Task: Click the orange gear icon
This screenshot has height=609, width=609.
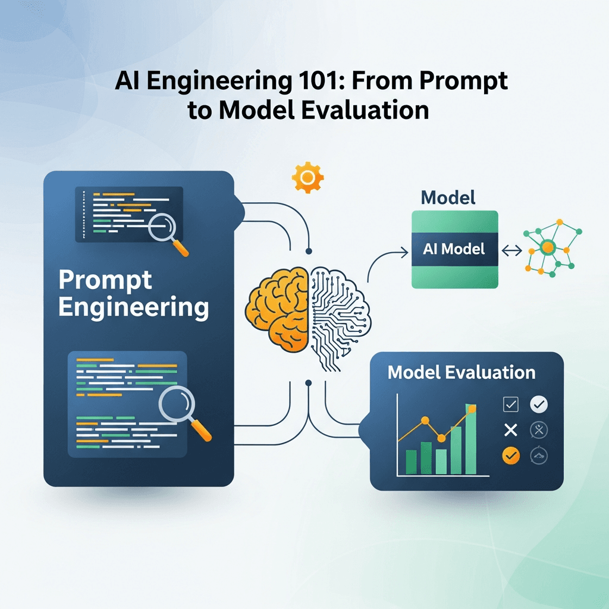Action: [x=307, y=177]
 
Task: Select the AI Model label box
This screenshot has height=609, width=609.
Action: [x=455, y=249]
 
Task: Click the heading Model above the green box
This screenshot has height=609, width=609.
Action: [x=448, y=197]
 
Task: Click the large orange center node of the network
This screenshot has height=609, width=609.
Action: [x=548, y=246]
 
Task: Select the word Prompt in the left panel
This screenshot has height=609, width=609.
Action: [x=105, y=280]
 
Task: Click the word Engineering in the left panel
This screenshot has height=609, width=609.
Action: [x=134, y=308]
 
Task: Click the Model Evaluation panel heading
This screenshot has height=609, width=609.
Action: [x=461, y=373]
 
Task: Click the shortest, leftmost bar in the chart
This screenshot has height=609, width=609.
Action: [x=411, y=461]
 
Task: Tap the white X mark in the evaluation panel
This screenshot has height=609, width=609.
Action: [x=510, y=429]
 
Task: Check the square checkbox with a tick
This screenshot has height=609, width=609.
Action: [x=511, y=405]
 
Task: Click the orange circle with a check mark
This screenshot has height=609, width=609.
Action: [x=511, y=456]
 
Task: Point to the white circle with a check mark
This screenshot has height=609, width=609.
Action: [x=538, y=405]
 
